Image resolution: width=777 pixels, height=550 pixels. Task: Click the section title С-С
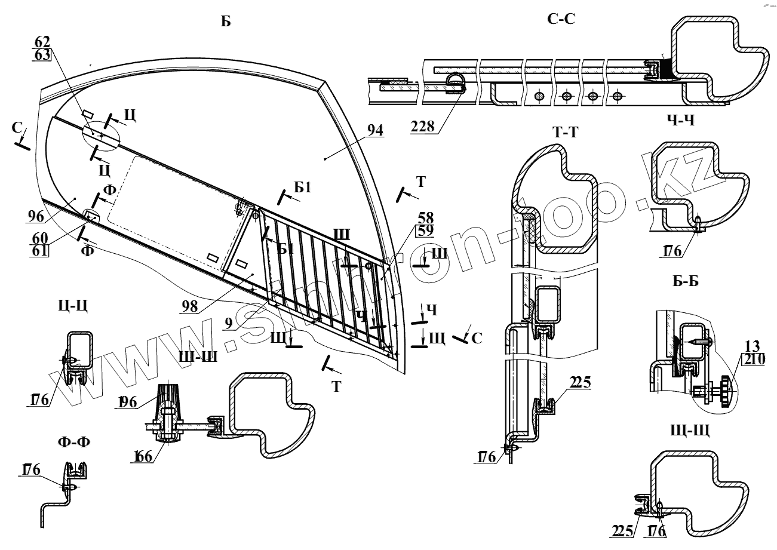coord(561,19)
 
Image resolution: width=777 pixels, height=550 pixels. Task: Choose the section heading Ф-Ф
coord(70,443)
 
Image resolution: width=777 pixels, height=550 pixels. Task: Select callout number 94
coord(375,131)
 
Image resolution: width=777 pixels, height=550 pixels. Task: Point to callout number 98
coord(190,307)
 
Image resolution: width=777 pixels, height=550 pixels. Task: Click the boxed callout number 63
coord(42,56)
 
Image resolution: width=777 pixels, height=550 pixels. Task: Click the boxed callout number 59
coord(426,229)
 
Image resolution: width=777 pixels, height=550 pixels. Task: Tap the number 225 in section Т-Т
coord(580,383)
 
